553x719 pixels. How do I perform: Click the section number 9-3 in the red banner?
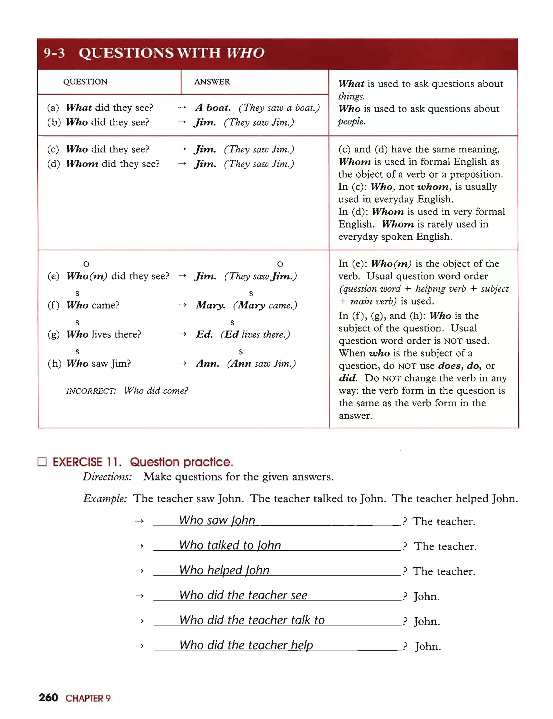[x=54, y=53]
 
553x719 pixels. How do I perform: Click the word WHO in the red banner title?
[x=245, y=53]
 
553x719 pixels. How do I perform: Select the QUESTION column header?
[x=85, y=81]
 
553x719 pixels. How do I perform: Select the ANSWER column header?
[x=212, y=81]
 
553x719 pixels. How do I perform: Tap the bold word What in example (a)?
[x=79, y=108]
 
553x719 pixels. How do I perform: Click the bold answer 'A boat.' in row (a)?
[x=213, y=108]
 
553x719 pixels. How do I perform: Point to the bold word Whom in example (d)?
[x=82, y=163]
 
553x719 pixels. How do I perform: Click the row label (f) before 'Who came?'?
[x=53, y=305]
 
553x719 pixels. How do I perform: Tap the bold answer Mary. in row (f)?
[x=210, y=305]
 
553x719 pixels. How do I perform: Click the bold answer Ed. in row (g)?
[x=204, y=334]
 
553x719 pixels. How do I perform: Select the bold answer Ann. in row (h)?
[x=207, y=363]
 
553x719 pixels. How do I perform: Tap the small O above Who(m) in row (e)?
[x=86, y=264]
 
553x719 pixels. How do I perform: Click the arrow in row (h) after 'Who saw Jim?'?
[x=183, y=363]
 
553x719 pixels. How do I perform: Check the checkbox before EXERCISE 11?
[x=42, y=462]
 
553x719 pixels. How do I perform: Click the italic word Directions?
[x=107, y=477]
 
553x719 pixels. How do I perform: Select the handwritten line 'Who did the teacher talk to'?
[x=252, y=620]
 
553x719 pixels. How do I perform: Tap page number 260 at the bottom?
[x=48, y=697]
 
